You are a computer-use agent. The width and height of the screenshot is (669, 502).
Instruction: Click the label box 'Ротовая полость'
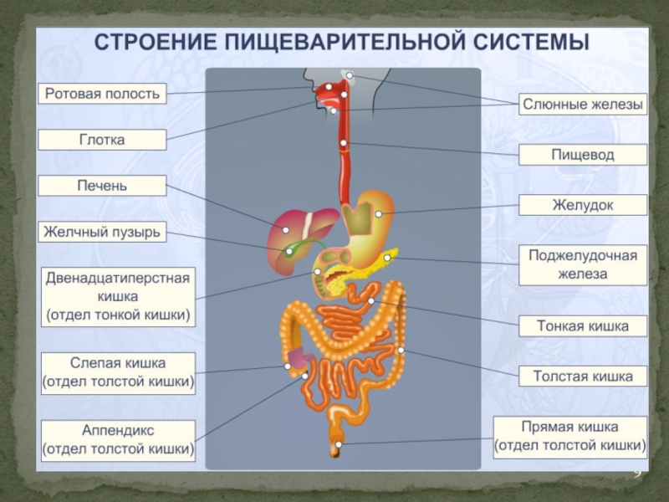coord(102,94)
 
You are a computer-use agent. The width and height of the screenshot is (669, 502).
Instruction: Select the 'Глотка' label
coord(102,140)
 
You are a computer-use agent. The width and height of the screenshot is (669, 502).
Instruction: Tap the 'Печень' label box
coord(102,185)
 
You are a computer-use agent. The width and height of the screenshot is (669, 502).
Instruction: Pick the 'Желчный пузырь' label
coord(102,231)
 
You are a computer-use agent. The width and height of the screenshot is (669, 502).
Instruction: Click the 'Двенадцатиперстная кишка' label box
coord(118,296)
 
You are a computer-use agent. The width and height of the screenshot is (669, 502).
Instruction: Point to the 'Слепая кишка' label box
coord(118,373)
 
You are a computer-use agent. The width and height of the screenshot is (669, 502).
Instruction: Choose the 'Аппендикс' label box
coord(118,440)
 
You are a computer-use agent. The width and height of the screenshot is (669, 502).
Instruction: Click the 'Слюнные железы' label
coord(583,105)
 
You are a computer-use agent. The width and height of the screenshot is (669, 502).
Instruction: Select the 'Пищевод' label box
coord(583,155)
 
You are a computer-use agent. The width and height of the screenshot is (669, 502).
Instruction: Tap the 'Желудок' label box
coord(583,205)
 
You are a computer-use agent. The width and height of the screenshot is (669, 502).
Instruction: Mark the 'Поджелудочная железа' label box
coord(583,264)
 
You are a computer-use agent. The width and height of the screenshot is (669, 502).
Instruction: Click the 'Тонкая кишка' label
coord(583,326)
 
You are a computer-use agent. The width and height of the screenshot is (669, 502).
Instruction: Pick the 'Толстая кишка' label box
coord(583,376)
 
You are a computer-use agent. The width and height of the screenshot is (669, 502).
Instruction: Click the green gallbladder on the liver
coord(292,248)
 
